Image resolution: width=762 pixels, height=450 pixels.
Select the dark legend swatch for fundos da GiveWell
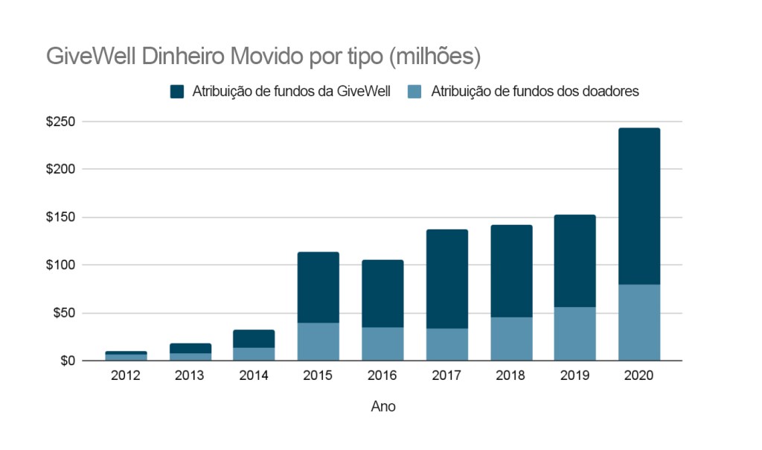[x=177, y=92]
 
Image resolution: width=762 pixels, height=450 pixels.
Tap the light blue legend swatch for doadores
[x=416, y=92]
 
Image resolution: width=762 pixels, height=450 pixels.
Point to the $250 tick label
[x=60, y=121]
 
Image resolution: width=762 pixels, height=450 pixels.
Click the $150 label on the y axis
[x=60, y=218]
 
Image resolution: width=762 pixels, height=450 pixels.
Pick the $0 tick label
[x=67, y=361]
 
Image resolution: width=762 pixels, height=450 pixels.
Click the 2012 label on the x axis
[x=125, y=375]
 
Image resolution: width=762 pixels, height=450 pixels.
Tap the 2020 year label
[x=638, y=375]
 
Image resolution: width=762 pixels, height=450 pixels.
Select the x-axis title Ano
[x=383, y=407]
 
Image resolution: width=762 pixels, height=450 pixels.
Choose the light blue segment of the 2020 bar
[x=638, y=323]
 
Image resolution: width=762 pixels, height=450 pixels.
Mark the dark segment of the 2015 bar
[x=318, y=288]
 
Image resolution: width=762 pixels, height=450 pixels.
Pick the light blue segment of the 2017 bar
[x=446, y=344]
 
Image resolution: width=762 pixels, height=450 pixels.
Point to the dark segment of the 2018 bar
[x=510, y=271]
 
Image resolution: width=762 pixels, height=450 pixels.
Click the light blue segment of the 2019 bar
[x=574, y=334]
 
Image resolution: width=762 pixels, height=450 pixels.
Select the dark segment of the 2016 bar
[x=382, y=294]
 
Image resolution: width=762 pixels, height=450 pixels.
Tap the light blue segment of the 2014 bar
[x=254, y=354]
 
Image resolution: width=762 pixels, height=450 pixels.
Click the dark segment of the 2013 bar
[x=190, y=348]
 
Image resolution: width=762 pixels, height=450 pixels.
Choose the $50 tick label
[x=63, y=313]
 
